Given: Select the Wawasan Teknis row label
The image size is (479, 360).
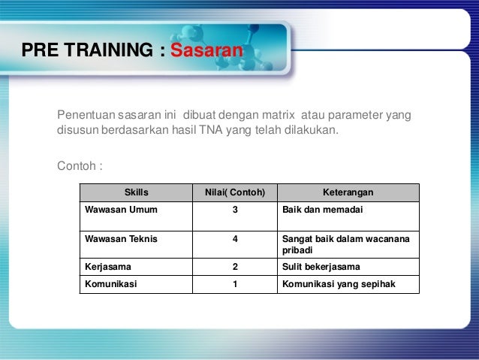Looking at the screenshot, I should [x=119, y=239].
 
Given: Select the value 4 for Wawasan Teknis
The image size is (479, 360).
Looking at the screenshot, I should [x=235, y=239].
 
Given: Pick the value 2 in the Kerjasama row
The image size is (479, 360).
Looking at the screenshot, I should [x=235, y=267].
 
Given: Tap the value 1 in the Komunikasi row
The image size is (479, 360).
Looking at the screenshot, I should [x=235, y=283].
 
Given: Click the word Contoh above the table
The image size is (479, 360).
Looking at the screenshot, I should [x=77, y=165].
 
